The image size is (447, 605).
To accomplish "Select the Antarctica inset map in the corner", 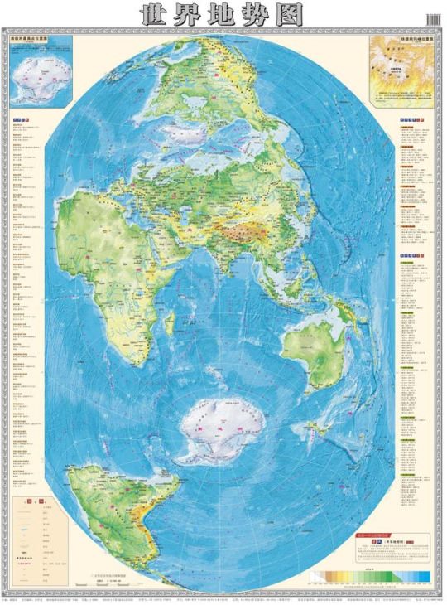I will (39, 72).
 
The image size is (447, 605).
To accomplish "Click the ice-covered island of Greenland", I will (188, 133).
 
